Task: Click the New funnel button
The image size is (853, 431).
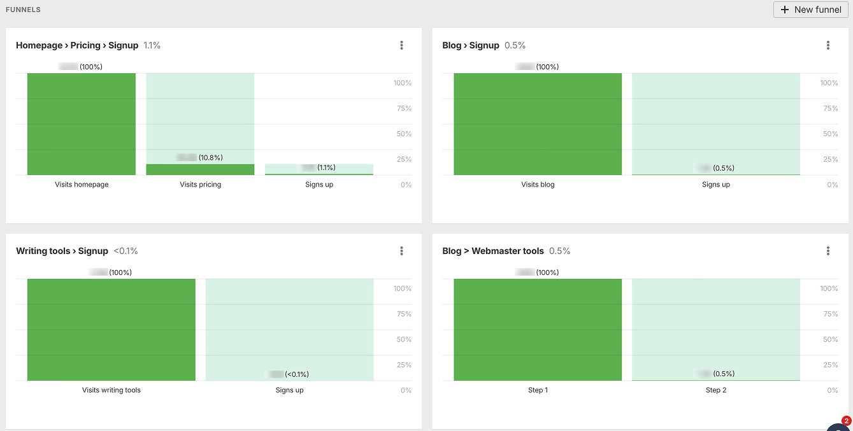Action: click(810, 10)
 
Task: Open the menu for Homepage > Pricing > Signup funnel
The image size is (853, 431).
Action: click(401, 45)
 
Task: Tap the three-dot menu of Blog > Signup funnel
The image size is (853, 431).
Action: click(828, 45)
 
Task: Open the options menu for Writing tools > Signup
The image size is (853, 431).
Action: click(401, 251)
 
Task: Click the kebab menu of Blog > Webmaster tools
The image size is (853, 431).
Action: click(828, 251)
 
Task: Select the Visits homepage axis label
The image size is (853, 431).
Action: click(82, 185)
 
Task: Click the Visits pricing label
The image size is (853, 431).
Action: click(200, 185)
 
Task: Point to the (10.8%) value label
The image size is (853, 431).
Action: click(210, 157)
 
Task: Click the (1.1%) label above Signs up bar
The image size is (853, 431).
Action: click(326, 167)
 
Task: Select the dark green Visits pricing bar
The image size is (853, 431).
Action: click(200, 169)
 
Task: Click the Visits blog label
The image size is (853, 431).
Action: click(538, 185)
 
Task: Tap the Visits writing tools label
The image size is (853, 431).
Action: click(111, 390)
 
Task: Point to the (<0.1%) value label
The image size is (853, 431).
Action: click(296, 374)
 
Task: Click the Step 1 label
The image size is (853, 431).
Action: click(538, 390)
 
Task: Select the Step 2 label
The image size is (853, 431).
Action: click(716, 390)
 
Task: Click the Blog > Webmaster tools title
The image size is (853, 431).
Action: click(493, 251)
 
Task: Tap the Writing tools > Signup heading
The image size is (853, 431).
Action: click(62, 251)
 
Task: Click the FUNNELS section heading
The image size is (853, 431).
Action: click(23, 10)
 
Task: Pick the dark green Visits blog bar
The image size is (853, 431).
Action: click(538, 124)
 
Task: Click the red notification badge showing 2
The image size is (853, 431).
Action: click(846, 421)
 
